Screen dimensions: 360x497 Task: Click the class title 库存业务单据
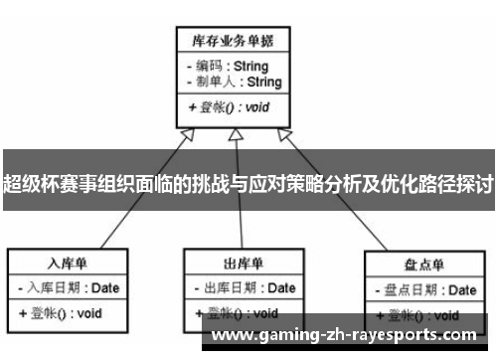[233, 41]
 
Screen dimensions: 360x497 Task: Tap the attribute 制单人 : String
[234, 82]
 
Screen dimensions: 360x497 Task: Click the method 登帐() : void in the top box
[228, 106]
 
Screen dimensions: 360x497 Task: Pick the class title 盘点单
[423, 266]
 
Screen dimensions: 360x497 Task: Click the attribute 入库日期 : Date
[69, 288]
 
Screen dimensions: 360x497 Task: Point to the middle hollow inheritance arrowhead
[234, 136]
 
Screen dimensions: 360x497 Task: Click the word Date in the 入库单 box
[107, 288]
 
